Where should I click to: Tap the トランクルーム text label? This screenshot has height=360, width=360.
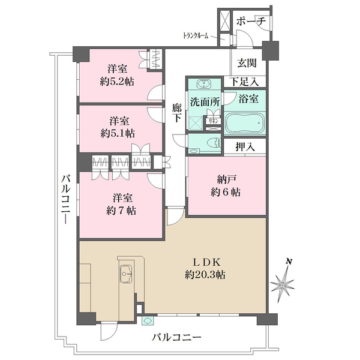click(196, 36)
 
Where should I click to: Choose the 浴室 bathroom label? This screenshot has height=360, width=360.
click(246, 95)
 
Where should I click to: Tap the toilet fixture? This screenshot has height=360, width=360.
click(208, 143)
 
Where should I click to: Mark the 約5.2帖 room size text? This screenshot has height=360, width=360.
click(117, 80)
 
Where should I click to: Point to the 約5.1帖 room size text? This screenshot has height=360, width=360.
click(117, 133)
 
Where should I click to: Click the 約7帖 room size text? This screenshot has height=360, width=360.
click(120, 210)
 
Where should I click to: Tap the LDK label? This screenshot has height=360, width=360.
click(208, 262)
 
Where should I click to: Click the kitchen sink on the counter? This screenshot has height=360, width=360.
click(127, 274)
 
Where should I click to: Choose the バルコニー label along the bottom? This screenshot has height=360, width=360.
click(176, 338)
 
